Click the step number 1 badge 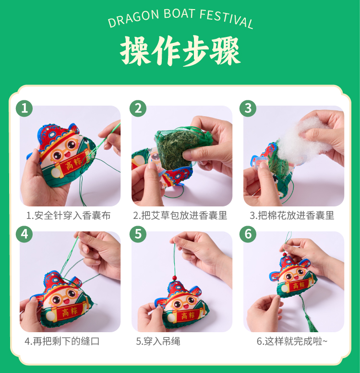[24, 108]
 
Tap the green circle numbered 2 [138, 108]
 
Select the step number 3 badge [248, 108]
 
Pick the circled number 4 [24, 234]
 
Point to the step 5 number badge [138, 234]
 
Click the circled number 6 [248, 234]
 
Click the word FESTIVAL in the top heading [226, 19]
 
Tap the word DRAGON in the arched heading [133, 18]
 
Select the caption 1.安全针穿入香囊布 [69, 216]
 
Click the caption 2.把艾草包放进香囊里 [180, 216]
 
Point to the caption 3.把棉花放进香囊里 [292, 216]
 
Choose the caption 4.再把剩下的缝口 [62, 341]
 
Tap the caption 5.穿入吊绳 [158, 341]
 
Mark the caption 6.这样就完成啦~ [292, 341]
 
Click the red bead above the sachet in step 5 [175, 277]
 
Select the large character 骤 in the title [225, 51]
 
